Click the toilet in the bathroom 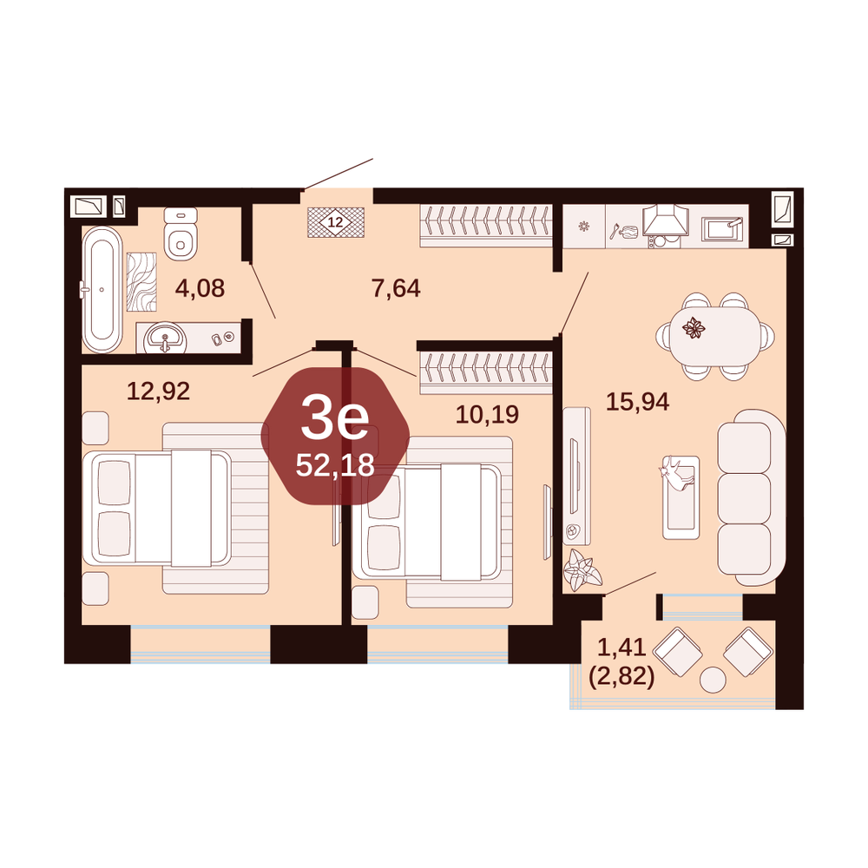[181, 233]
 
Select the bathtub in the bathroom [102, 289]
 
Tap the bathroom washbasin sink [163, 338]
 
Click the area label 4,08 [200, 288]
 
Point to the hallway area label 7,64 [396, 288]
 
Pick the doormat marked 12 [335, 222]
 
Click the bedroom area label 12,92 [158, 391]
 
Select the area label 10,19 [487, 414]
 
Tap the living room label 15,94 [637, 402]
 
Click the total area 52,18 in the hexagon [335, 465]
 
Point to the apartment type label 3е [335, 421]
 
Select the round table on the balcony [713, 680]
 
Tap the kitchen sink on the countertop [722, 228]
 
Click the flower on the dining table [694, 328]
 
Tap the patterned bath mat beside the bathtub [141, 282]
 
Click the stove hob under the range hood [664, 240]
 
